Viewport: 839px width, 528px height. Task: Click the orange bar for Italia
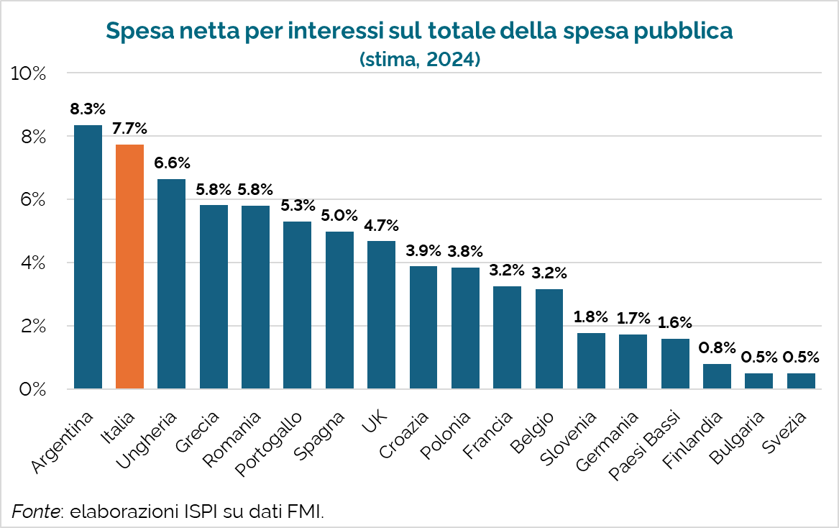pyautogui.click(x=130, y=267)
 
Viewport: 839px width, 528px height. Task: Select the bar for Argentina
pyautogui.click(x=88, y=257)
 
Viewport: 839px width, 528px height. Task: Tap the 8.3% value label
pyautogui.click(x=88, y=110)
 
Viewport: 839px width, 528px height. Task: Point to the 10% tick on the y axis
pyautogui.click(x=29, y=73)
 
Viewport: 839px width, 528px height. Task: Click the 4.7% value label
pyautogui.click(x=381, y=226)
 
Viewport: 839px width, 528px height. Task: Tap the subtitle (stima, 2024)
pyautogui.click(x=419, y=60)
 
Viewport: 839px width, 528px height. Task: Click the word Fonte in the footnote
pyautogui.click(x=35, y=511)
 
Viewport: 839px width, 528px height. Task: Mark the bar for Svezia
pyautogui.click(x=801, y=381)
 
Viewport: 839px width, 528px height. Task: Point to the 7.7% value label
pyautogui.click(x=130, y=129)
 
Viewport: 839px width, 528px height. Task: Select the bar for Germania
pyautogui.click(x=633, y=362)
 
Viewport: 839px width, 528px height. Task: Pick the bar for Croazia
pyautogui.click(x=423, y=328)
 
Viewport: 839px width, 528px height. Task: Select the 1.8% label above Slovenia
pyautogui.click(x=591, y=317)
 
